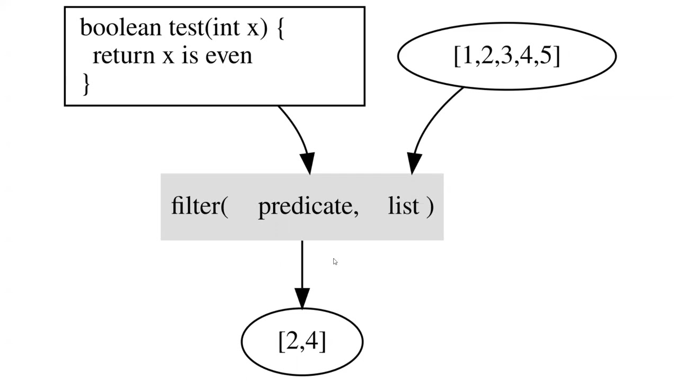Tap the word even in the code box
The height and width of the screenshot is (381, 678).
click(x=228, y=55)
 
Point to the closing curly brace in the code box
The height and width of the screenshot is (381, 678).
click(x=86, y=84)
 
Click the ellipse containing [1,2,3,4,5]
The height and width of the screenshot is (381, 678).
click(x=506, y=56)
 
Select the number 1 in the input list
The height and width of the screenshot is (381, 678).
click(x=467, y=55)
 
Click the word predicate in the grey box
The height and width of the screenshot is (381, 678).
click(x=308, y=206)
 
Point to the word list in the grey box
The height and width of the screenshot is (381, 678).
click(x=404, y=206)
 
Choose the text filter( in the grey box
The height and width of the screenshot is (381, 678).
click(x=200, y=206)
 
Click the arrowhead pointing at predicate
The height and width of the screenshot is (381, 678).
click(x=307, y=163)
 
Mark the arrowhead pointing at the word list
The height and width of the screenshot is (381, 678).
click(x=414, y=163)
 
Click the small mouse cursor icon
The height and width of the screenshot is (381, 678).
click(x=335, y=262)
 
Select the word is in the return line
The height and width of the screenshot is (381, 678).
click(x=190, y=55)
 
